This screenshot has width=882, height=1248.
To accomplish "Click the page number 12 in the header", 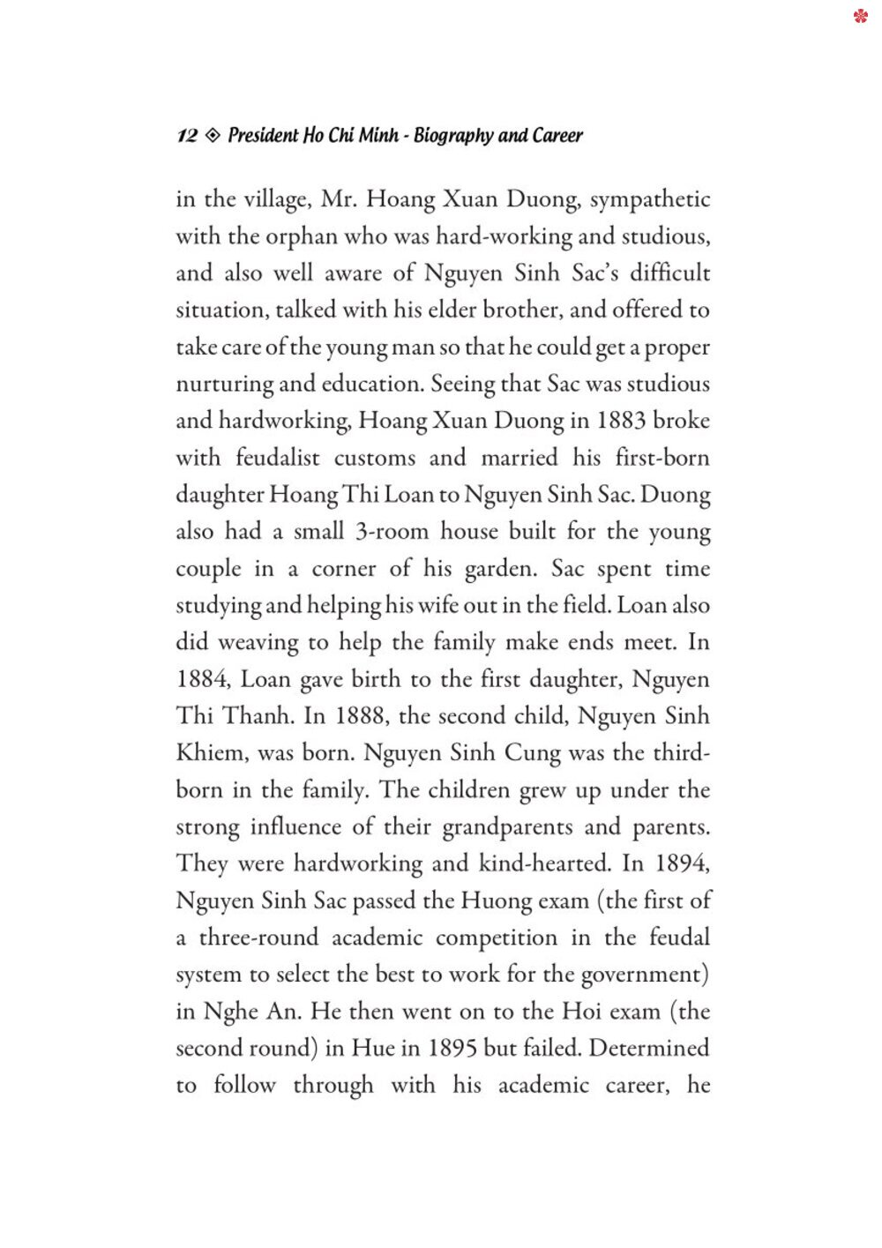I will [x=187, y=136].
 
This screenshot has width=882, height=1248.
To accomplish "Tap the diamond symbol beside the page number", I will [x=213, y=136].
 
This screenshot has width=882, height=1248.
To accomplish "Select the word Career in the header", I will [x=557, y=136].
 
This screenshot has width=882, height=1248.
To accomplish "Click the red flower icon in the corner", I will [x=861, y=16].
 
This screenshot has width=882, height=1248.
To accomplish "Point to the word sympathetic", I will [x=650, y=200].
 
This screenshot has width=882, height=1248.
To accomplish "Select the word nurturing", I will [x=225, y=385].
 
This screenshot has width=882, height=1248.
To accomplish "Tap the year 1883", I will [x=622, y=421].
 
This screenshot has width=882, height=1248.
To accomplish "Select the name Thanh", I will [x=258, y=716].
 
